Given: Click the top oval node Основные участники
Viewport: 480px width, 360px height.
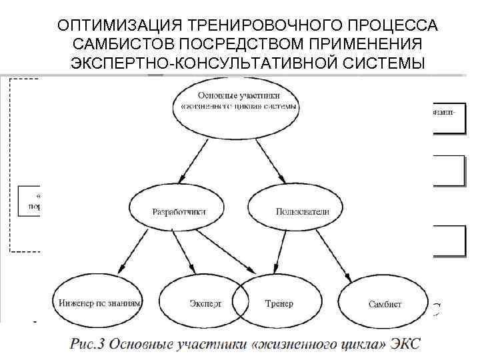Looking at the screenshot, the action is (x=236, y=103).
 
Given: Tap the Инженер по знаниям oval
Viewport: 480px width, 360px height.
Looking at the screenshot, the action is (x=98, y=302).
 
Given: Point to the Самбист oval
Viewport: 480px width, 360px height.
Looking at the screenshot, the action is (x=385, y=303).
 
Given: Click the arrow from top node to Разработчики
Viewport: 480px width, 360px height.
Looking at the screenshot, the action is (x=203, y=156).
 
